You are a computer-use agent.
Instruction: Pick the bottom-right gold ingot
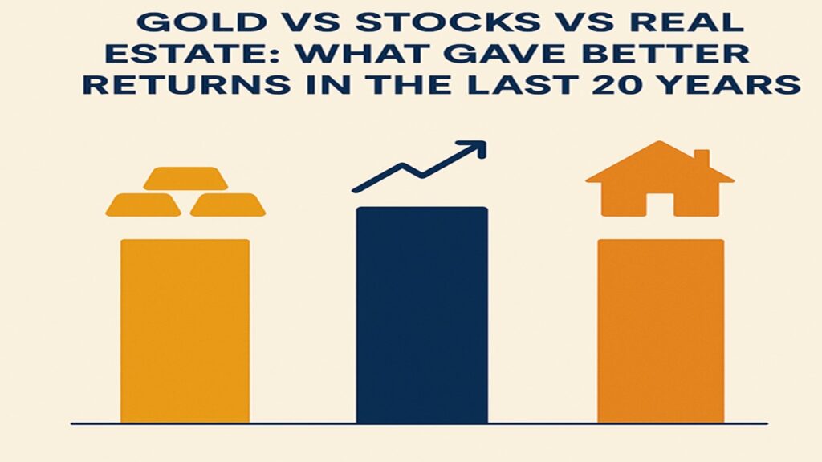point(227,205)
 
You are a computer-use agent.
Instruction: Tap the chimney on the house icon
point(701,159)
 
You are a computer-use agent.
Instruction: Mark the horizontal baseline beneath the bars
point(419,423)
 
